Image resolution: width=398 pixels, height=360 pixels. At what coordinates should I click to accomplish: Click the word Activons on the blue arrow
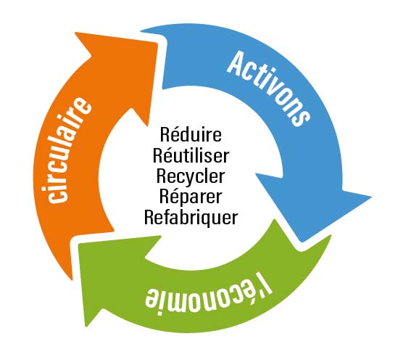point(268,89)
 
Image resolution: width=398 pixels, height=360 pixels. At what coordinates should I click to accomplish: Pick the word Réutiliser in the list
point(191,155)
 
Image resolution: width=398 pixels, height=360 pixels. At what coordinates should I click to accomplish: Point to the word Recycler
point(191,177)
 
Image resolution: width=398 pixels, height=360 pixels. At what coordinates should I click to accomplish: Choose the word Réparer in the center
point(191,196)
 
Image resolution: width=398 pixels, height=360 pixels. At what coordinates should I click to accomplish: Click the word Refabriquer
point(191,217)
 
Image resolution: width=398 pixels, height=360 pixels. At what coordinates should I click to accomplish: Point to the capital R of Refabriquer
point(149,217)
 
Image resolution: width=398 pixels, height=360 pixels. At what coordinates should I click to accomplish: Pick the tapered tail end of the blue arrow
point(141,31)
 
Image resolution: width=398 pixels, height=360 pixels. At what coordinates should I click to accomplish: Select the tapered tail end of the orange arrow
point(72,279)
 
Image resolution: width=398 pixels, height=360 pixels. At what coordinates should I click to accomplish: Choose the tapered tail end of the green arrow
point(331,237)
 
